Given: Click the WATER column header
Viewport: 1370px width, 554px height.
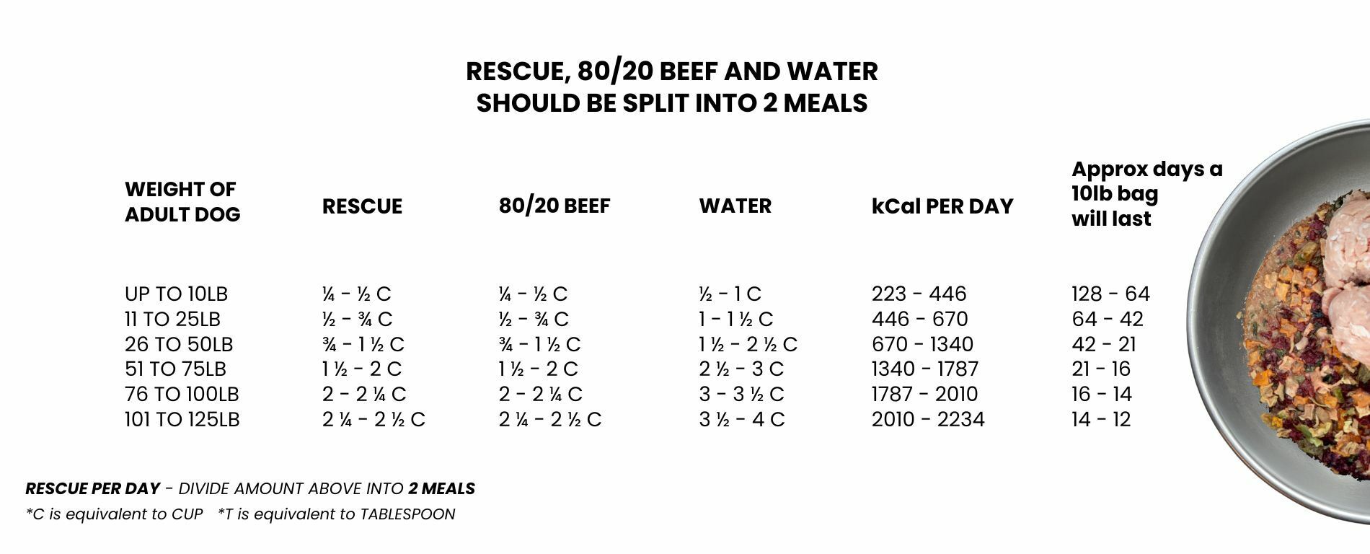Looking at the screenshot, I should pos(735,206).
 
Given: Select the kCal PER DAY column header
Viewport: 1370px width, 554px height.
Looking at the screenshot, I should pos(942,206).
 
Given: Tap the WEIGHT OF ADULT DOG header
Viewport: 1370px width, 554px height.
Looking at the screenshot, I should pos(182,201).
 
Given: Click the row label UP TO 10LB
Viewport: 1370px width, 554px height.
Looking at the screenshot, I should pos(176,294).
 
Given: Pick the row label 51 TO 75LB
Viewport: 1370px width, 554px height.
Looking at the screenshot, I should pos(175,369).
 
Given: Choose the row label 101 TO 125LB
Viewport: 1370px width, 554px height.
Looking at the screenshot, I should pos(182,420).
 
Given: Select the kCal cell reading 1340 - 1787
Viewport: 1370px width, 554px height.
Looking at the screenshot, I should pos(925,369).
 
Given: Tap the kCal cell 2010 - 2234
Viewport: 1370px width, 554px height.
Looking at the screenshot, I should pos(928,420).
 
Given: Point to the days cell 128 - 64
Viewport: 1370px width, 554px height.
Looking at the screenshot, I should pos(1110,294).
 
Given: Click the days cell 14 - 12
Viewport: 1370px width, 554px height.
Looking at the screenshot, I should pos(1101,420).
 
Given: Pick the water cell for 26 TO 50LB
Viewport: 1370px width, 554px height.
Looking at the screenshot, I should pos(748,345).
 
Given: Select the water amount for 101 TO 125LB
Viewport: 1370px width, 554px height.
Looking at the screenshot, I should pos(741,420).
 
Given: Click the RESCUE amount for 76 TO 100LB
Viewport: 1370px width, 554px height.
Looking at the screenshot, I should pos(364,395).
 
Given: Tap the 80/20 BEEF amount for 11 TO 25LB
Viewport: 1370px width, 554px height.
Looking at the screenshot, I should pos(534,320).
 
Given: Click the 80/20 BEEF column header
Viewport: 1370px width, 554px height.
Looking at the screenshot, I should pos(554,206).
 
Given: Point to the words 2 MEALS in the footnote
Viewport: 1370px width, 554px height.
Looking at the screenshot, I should pos(441,489).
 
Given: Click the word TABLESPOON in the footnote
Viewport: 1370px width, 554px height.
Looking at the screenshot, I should pos(407,514).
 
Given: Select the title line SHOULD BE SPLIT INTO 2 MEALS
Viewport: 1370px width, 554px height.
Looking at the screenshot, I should pos(671,103).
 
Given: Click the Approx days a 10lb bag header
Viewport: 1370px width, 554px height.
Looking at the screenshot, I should pos(1146,193).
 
